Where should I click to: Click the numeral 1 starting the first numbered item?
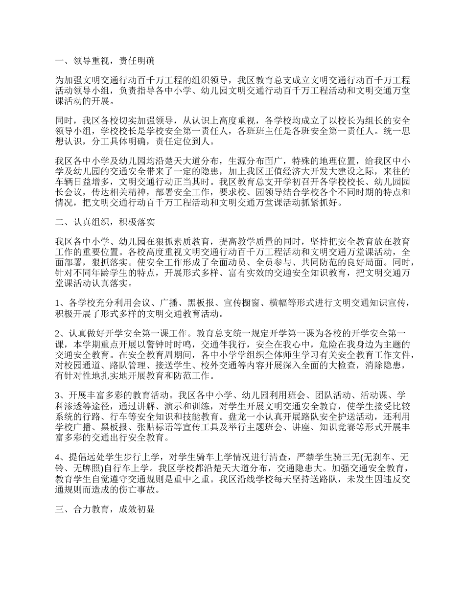coord(57,302)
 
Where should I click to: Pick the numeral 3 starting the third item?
coord(57,395)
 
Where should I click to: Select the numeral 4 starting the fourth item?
coord(57,457)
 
